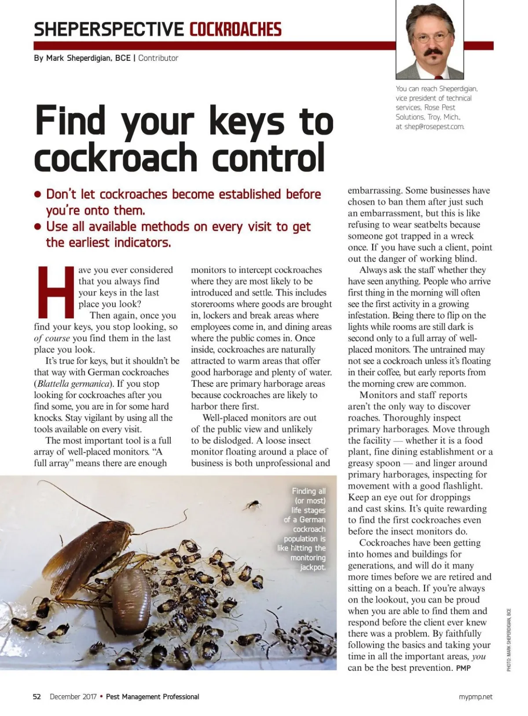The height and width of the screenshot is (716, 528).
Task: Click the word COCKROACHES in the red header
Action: tap(235, 30)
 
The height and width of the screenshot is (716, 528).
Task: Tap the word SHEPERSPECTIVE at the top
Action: tap(109, 30)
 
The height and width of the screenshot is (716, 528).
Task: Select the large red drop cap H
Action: tap(56, 292)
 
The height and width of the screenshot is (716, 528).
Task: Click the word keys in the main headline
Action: tap(247, 121)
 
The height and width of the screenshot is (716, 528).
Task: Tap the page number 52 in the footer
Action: tap(37, 697)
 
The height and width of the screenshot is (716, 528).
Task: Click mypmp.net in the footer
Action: tap(476, 697)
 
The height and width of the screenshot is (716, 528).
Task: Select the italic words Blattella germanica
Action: tap(73, 384)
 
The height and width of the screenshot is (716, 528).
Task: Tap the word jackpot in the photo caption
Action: tap(313, 567)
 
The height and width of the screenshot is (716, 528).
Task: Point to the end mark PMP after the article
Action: tap(463, 668)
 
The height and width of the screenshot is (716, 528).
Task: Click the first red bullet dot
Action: tap(38, 194)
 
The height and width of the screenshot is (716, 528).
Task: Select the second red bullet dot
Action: tap(38, 227)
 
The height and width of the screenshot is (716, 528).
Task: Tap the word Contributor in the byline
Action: tap(158, 58)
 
